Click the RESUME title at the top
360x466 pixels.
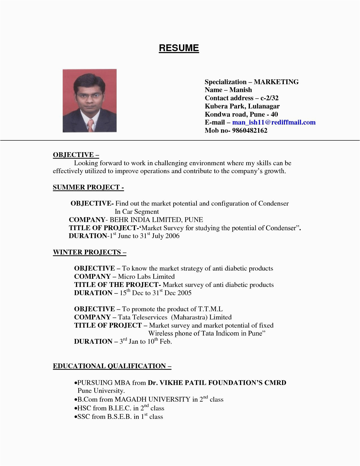[x=179, y=48]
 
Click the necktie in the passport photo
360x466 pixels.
[x=91, y=125]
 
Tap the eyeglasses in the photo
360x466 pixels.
[x=89, y=95]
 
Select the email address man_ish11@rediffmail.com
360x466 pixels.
[x=274, y=122]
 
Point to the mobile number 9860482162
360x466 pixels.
[x=250, y=130]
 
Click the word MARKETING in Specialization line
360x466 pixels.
[x=276, y=82]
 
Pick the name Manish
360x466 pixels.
[x=241, y=90]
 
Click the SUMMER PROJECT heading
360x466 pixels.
[x=88, y=187]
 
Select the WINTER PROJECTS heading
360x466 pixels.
[x=89, y=252]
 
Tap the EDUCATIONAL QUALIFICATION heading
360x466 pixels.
[x=112, y=366]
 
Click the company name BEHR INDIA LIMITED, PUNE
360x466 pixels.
[x=156, y=220]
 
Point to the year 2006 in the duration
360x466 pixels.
[x=172, y=236]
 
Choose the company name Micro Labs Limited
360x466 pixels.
[x=146, y=276]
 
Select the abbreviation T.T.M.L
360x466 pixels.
[x=210, y=309]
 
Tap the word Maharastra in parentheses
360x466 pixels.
[x=189, y=317]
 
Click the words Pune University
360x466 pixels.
[x=101, y=391]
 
